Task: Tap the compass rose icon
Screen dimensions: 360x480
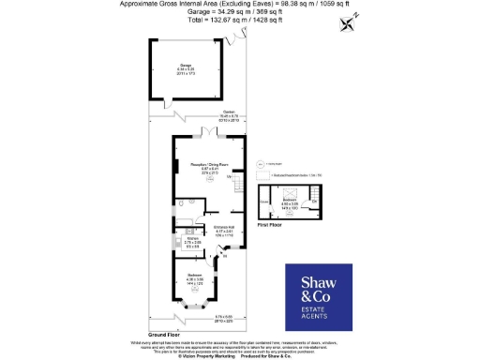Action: click(350, 22)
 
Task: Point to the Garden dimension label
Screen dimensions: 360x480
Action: click(203, 119)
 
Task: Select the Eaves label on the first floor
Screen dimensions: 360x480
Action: click(264, 202)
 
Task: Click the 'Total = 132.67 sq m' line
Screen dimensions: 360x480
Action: click(202, 20)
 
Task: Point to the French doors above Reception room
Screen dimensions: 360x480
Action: click(208, 135)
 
